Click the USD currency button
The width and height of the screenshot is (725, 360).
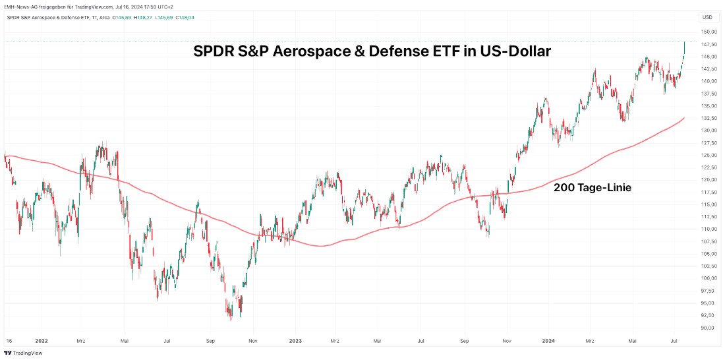707,17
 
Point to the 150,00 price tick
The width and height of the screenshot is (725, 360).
709,32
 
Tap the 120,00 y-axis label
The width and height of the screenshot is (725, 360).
709,179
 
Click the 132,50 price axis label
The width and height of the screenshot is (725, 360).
709,118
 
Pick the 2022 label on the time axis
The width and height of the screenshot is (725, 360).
42,341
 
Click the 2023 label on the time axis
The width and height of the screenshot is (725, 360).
295,341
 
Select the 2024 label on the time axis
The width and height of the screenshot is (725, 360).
548,341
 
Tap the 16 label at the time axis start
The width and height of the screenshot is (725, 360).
9,341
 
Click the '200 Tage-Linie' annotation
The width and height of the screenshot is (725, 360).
593,188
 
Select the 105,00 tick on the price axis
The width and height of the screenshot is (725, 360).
709,254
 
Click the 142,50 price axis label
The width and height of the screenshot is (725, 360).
709,69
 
